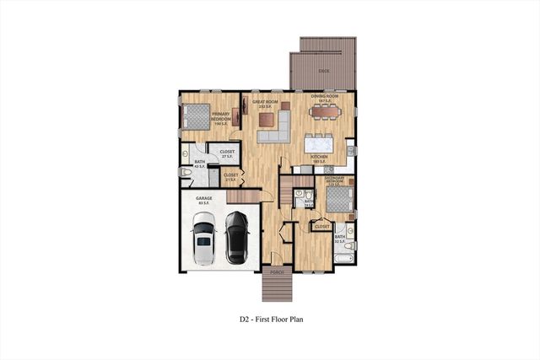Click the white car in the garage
[203, 239]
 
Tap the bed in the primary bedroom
[195, 117]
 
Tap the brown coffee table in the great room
[268, 118]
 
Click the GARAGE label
[204, 199]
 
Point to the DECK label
[324, 73]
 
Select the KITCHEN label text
[319, 157]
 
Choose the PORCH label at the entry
[276, 272]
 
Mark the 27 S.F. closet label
[228, 153]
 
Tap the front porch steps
[276, 288]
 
